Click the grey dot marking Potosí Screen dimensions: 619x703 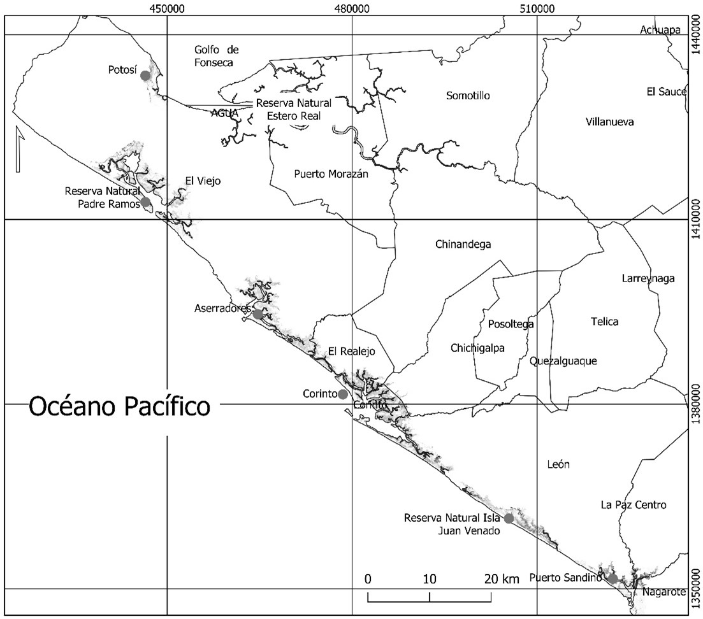(145, 75)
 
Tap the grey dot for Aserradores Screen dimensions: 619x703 (257, 314)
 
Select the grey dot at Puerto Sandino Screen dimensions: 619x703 (612, 578)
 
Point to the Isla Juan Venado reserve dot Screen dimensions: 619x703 (509, 518)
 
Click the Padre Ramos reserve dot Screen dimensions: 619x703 (146, 203)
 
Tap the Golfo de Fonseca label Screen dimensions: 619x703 (214, 56)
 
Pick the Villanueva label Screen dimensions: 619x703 (609, 122)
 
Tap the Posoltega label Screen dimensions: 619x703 (511, 324)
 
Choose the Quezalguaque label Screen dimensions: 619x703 (563, 361)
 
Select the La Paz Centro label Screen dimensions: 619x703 (633, 505)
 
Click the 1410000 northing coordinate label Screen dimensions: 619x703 (695, 220)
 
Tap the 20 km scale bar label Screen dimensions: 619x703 (502, 579)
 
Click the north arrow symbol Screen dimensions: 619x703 (18, 150)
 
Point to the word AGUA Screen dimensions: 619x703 (224, 113)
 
